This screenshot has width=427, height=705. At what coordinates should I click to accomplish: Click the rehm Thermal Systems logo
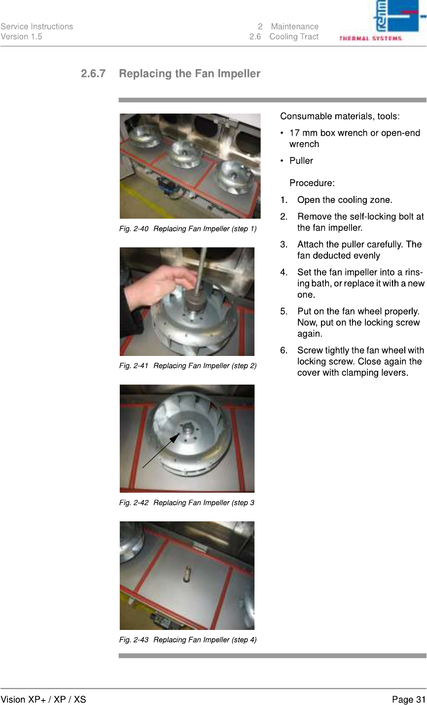click(x=382, y=21)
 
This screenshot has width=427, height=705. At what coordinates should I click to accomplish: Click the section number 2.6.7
click(x=93, y=74)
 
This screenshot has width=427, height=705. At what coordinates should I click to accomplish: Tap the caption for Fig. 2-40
click(x=188, y=229)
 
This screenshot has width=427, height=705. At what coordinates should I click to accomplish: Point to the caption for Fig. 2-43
click(x=188, y=640)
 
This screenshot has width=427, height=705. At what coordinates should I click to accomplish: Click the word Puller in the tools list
click(x=301, y=161)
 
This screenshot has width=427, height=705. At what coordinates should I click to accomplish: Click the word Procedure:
click(x=312, y=183)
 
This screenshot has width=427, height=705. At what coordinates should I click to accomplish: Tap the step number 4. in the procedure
click(x=284, y=272)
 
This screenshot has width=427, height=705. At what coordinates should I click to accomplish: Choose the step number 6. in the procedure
click(x=284, y=351)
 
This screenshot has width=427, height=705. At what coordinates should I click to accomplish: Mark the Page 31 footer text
click(x=408, y=700)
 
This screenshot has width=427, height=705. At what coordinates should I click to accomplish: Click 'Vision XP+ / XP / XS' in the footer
click(x=43, y=700)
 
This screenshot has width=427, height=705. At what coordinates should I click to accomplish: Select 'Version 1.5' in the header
click(x=21, y=37)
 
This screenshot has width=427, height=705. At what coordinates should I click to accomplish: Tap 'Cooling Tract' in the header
click(x=294, y=37)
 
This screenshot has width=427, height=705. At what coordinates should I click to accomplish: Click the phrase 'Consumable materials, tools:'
click(x=340, y=117)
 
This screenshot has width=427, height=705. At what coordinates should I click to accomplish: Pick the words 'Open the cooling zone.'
click(x=345, y=200)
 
